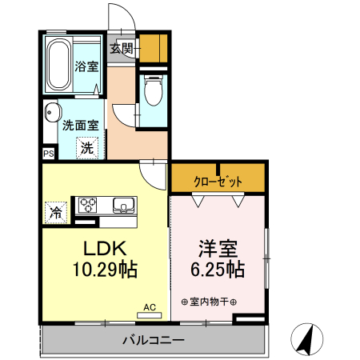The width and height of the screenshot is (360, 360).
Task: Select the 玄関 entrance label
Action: (122, 48)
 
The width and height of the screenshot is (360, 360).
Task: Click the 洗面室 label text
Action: (80, 126)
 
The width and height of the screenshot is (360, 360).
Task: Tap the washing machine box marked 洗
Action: (86, 147)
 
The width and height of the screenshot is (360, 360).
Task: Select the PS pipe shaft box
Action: (48, 152)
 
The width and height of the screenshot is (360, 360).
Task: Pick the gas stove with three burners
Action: (86, 205)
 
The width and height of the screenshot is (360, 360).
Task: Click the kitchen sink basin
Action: (123, 207)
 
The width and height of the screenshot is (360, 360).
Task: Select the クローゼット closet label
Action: (217, 182)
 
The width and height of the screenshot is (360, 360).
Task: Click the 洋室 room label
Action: (216, 247)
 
